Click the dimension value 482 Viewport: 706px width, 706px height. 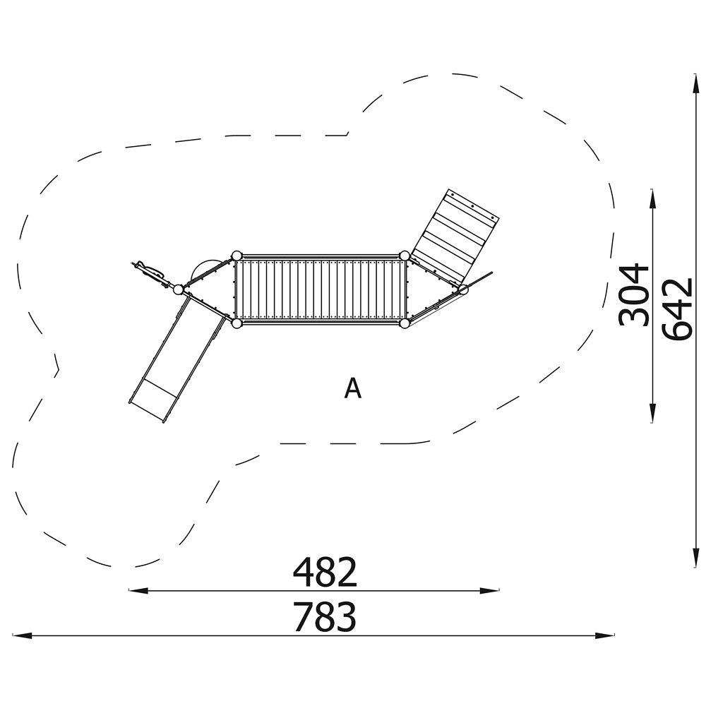(x=325, y=572)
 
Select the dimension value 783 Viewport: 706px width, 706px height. (x=325, y=617)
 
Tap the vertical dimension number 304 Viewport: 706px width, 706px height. (x=634, y=295)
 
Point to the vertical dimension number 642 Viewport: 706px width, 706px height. (x=677, y=309)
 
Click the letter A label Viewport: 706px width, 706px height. (x=352, y=388)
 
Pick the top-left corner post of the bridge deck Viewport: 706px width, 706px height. (x=237, y=256)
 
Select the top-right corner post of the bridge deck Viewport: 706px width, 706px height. (x=405, y=256)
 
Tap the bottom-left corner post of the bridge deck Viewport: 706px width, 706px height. (x=237, y=323)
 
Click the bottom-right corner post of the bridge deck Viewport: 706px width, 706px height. (x=405, y=323)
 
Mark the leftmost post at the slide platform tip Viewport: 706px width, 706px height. (x=179, y=289)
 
